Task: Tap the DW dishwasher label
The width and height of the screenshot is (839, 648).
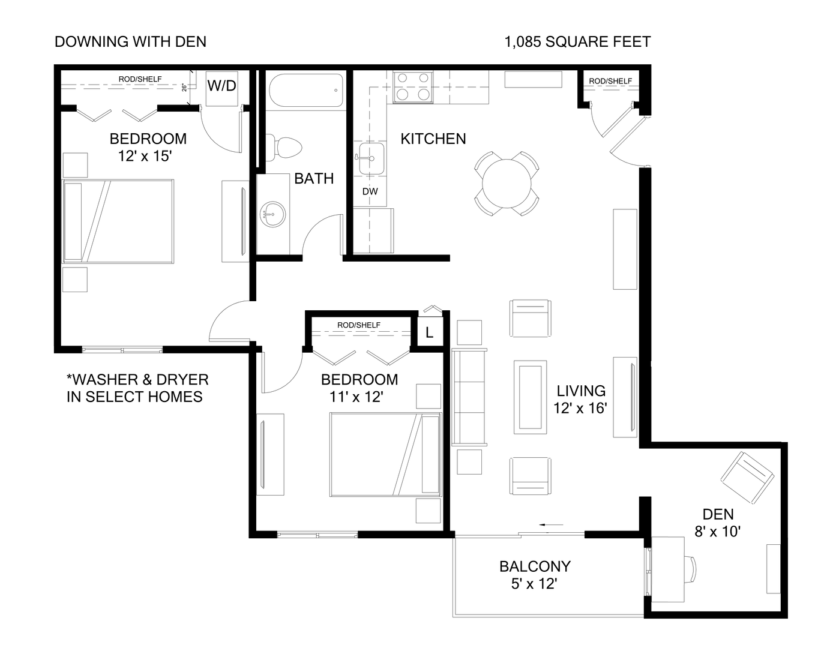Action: (x=370, y=192)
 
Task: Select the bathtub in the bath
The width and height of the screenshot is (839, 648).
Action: (x=305, y=91)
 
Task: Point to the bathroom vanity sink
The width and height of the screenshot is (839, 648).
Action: (x=273, y=214)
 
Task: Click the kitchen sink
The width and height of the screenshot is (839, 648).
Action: (x=371, y=159)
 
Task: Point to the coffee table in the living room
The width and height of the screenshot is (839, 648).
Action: (x=531, y=397)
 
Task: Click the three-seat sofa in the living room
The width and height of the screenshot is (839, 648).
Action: (x=469, y=397)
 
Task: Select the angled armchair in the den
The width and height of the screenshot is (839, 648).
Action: (x=747, y=478)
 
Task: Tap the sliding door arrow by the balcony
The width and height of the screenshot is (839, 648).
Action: (x=551, y=525)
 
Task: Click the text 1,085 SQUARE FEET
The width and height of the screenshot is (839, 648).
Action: (x=577, y=41)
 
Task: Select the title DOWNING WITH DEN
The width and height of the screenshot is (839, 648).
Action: (x=130, y=41)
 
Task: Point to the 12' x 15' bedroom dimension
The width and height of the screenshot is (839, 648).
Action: (x=145, y=156)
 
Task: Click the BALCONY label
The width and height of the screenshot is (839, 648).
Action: (x=535, y=566)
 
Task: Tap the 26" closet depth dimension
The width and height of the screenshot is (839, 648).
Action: (x=185, y=88)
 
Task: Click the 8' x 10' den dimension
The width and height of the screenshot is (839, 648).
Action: (x=718, y=531)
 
